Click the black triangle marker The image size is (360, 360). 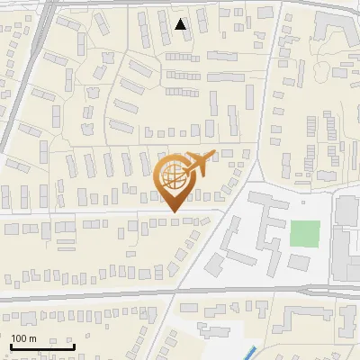tap(181, 24)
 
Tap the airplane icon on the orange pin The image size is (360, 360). tap(198, 162)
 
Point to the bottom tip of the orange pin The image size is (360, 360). tap(174, 212)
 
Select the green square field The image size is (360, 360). tap(305, 234)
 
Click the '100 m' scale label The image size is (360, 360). tap(23, 338)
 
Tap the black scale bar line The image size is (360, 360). tap(41, 346)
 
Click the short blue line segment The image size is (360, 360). tap(251, 352)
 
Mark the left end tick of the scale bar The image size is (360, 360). tap(10, 344)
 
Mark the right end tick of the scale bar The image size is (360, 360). tap(74, 344)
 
